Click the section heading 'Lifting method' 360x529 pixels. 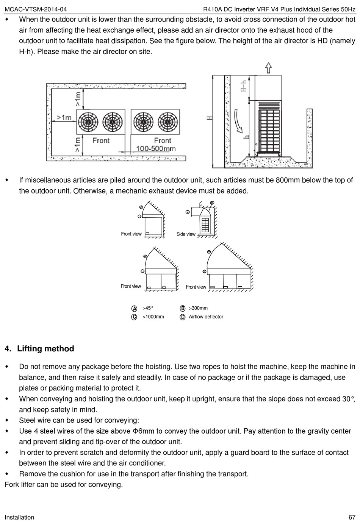(x=45, y=349)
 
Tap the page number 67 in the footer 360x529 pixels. (x=352, y=517)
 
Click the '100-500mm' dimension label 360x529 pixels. (x=156, y=148)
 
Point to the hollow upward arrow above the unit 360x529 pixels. (x=268, y=68)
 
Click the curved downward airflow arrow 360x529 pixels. (x=238, y=122)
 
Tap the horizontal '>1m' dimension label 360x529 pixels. (x=64, y=118)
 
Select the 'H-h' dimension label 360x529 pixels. (x=244, y=86)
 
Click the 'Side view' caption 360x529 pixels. (x=186, y=234)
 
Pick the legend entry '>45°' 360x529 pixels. (x=148, y=308)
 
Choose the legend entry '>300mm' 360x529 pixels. (x=198, y=308)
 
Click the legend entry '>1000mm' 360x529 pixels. (x=153, y=317)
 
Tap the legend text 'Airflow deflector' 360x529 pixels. (x=206, y=317)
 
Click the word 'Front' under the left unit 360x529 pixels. (x=101, y=140)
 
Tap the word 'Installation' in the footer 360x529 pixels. (x=19, y=517)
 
